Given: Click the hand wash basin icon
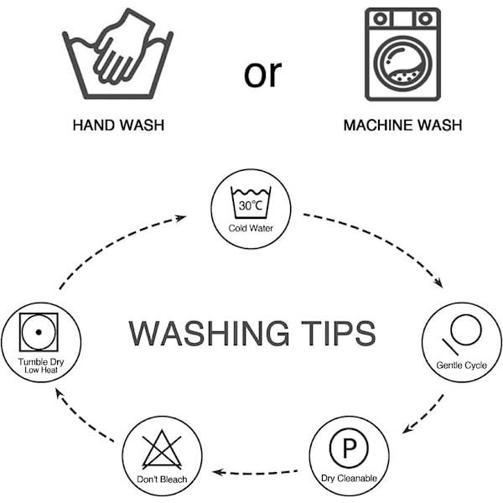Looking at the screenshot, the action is (117, 54).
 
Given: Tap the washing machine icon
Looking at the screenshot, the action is (403, 54).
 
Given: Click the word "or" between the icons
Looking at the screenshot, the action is (262, 75).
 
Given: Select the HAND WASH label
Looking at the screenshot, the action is (118, 125).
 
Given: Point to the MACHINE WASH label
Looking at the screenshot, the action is (403, 125).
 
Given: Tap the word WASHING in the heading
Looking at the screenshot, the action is (209, 334).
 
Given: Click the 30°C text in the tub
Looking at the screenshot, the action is (250, 205).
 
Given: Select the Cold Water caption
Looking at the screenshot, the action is (251, 228).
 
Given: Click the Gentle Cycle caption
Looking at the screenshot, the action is (462, 366).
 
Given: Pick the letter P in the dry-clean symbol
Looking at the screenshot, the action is (350, 449).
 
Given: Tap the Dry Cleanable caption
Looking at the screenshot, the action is (349, 479).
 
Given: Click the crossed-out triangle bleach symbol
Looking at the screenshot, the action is (162, 449).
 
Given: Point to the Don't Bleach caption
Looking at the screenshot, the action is (162, 480).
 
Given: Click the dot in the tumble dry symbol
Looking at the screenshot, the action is (39, 332).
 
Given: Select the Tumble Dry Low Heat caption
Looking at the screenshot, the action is (41, 366).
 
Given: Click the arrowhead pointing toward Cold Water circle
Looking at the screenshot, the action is (180, 218).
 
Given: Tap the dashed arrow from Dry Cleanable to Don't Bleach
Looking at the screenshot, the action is (255, 473).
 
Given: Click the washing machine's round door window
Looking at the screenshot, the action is (403, 65).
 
